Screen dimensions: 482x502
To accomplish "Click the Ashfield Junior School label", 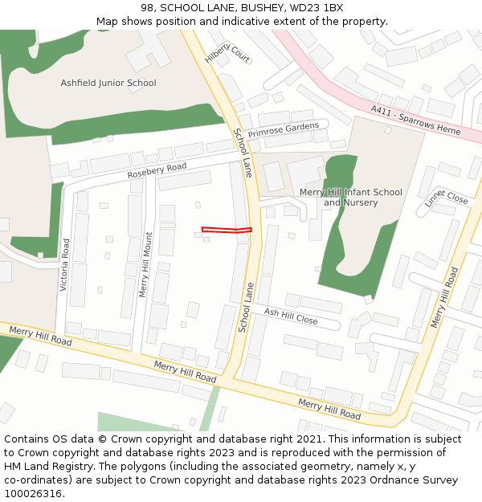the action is [x=108, y=83].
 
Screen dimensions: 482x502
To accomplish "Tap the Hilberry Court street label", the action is [x=227, y=53].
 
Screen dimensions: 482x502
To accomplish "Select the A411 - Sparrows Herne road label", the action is [x=415, y=120].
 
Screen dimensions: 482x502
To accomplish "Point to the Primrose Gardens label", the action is [x=283, y=129].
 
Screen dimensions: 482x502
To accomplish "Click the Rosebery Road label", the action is [x=157, y=171].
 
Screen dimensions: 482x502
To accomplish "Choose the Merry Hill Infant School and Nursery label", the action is [x=350, y=198].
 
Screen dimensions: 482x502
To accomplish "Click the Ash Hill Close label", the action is [x=291, y=316].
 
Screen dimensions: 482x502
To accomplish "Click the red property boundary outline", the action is [x=227, y=231].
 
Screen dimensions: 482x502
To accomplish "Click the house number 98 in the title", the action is [x=147, y=8].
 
